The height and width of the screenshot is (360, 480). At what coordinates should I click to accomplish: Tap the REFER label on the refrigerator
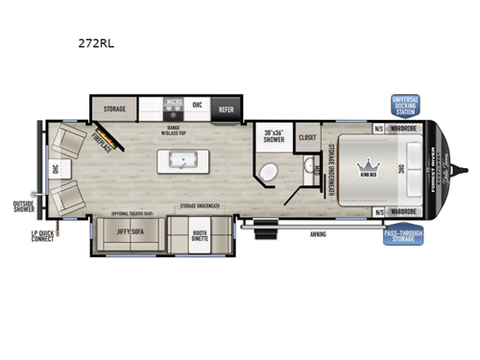click(x=227, y=109)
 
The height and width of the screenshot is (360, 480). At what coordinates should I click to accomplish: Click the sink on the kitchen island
click(x=180, y=158)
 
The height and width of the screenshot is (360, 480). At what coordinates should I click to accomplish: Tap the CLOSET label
click(x=307, y=137)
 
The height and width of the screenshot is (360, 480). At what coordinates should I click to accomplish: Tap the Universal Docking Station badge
click(x=406, y=105)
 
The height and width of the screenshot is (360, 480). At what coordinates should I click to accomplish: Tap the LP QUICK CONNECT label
click(x=37, y=235)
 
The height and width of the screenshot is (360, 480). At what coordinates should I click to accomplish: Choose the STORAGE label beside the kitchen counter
click(x=115, y=109)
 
